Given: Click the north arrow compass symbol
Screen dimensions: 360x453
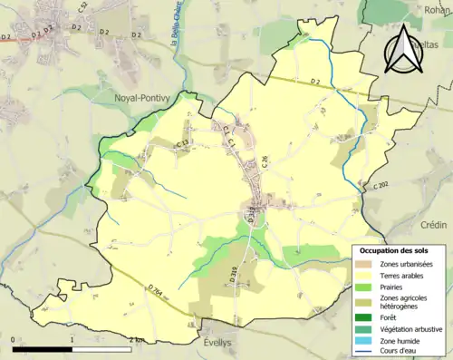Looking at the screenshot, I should (x=405, y=50).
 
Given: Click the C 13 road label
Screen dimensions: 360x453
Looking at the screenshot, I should (x=182, y=143).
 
